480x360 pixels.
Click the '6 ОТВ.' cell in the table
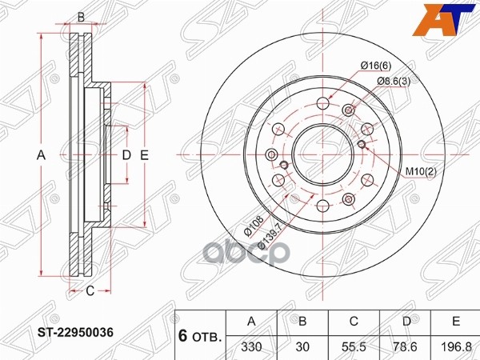pos(200,334)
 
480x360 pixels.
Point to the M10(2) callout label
pos(420,171)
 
